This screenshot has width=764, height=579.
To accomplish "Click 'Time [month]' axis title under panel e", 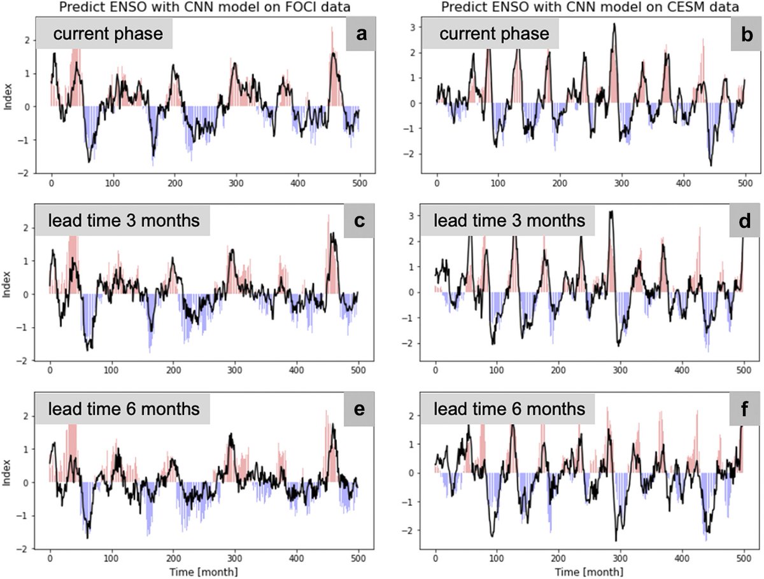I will coord(204,571).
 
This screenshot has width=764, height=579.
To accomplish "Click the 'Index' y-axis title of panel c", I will coord(8,283).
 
